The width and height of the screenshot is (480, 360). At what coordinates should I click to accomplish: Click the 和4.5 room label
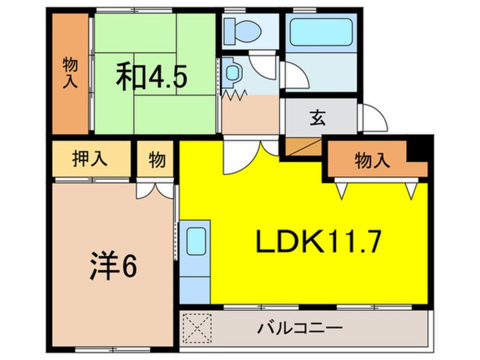pyautogui.click(x=151, y=78)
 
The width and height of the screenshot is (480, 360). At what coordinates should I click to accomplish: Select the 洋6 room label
pyautogui.click(x=113, y=267)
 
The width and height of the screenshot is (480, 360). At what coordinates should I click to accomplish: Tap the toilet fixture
pyautogui.click(x=241, y=28)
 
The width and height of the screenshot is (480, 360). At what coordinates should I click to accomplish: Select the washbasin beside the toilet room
pyautogui.click(x=233, y=72)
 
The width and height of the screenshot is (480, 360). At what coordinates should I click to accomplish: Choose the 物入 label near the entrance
pyautogui.click(x=372, y=161)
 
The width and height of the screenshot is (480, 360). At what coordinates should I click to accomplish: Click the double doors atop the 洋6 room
pyautogui.click(x=154, y=190)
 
